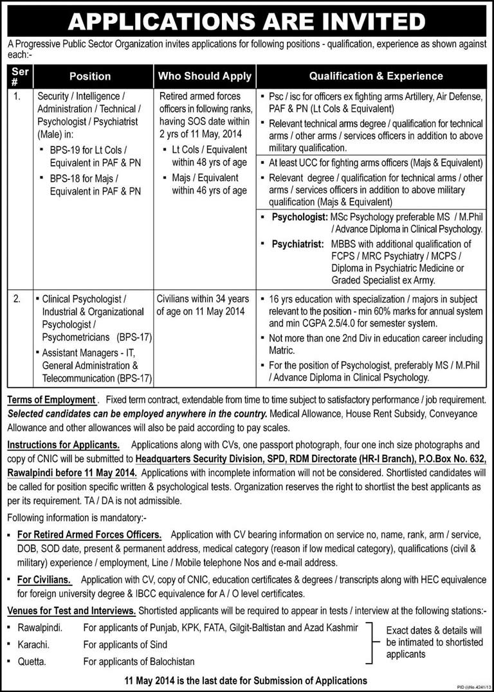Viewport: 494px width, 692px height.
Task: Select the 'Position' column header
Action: click(90, 76)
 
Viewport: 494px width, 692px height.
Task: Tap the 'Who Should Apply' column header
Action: click(205, 76)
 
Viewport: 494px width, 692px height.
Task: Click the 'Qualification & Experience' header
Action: click(376, 76)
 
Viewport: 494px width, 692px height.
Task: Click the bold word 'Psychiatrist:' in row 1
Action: click(298, 244)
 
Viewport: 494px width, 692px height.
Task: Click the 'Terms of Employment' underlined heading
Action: click(51, 400)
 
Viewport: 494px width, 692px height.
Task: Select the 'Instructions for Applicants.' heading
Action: click(63, 444)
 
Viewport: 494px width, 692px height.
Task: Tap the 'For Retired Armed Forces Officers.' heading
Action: click(89, 535)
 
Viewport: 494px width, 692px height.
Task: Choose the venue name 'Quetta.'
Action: click(32, 661)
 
